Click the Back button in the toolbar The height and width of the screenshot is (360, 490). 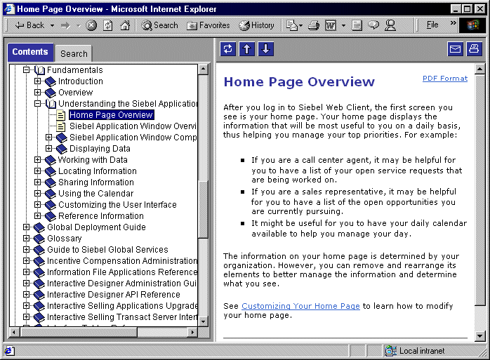(29, 25)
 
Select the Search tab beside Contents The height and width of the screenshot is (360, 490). (74, 53)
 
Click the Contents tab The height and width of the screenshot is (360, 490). (30, 52)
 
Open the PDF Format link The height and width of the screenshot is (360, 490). (444, 79)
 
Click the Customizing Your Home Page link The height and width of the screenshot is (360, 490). (300, 306)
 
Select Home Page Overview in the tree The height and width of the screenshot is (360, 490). (111, 115)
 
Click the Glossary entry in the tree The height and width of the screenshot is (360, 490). (64, 239)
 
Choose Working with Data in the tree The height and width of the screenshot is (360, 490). (93, 160)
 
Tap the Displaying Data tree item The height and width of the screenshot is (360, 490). (100, 149)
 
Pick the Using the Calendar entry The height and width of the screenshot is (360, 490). (95, 194)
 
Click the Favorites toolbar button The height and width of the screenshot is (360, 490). (208, 25)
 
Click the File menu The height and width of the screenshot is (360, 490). (432, 25)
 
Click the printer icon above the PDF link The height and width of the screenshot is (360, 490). (474, 49)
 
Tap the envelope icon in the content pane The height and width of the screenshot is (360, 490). (455, 49)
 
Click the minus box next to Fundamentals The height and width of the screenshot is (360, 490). (27, 70)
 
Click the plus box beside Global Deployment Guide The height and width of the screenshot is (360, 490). (27, 227)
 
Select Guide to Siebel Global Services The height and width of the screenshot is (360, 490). (107, 250)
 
